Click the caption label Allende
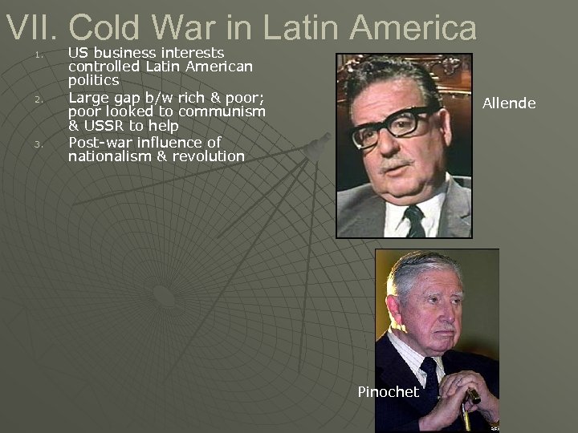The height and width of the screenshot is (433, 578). click(508, 103)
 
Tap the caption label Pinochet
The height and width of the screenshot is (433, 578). click(388, 391)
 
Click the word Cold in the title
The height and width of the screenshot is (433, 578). click(109, 28)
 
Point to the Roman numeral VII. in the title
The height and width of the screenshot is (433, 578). click(32, 28)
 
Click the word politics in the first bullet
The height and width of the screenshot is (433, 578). click(93, 81)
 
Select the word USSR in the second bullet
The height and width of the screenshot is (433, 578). click(108, 127)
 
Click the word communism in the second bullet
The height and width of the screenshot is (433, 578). click(223, 111)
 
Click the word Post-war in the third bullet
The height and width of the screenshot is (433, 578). click(98, 142)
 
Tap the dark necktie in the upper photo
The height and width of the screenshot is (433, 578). click(413, 220)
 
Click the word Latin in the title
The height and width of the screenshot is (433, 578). click(296, 28)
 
